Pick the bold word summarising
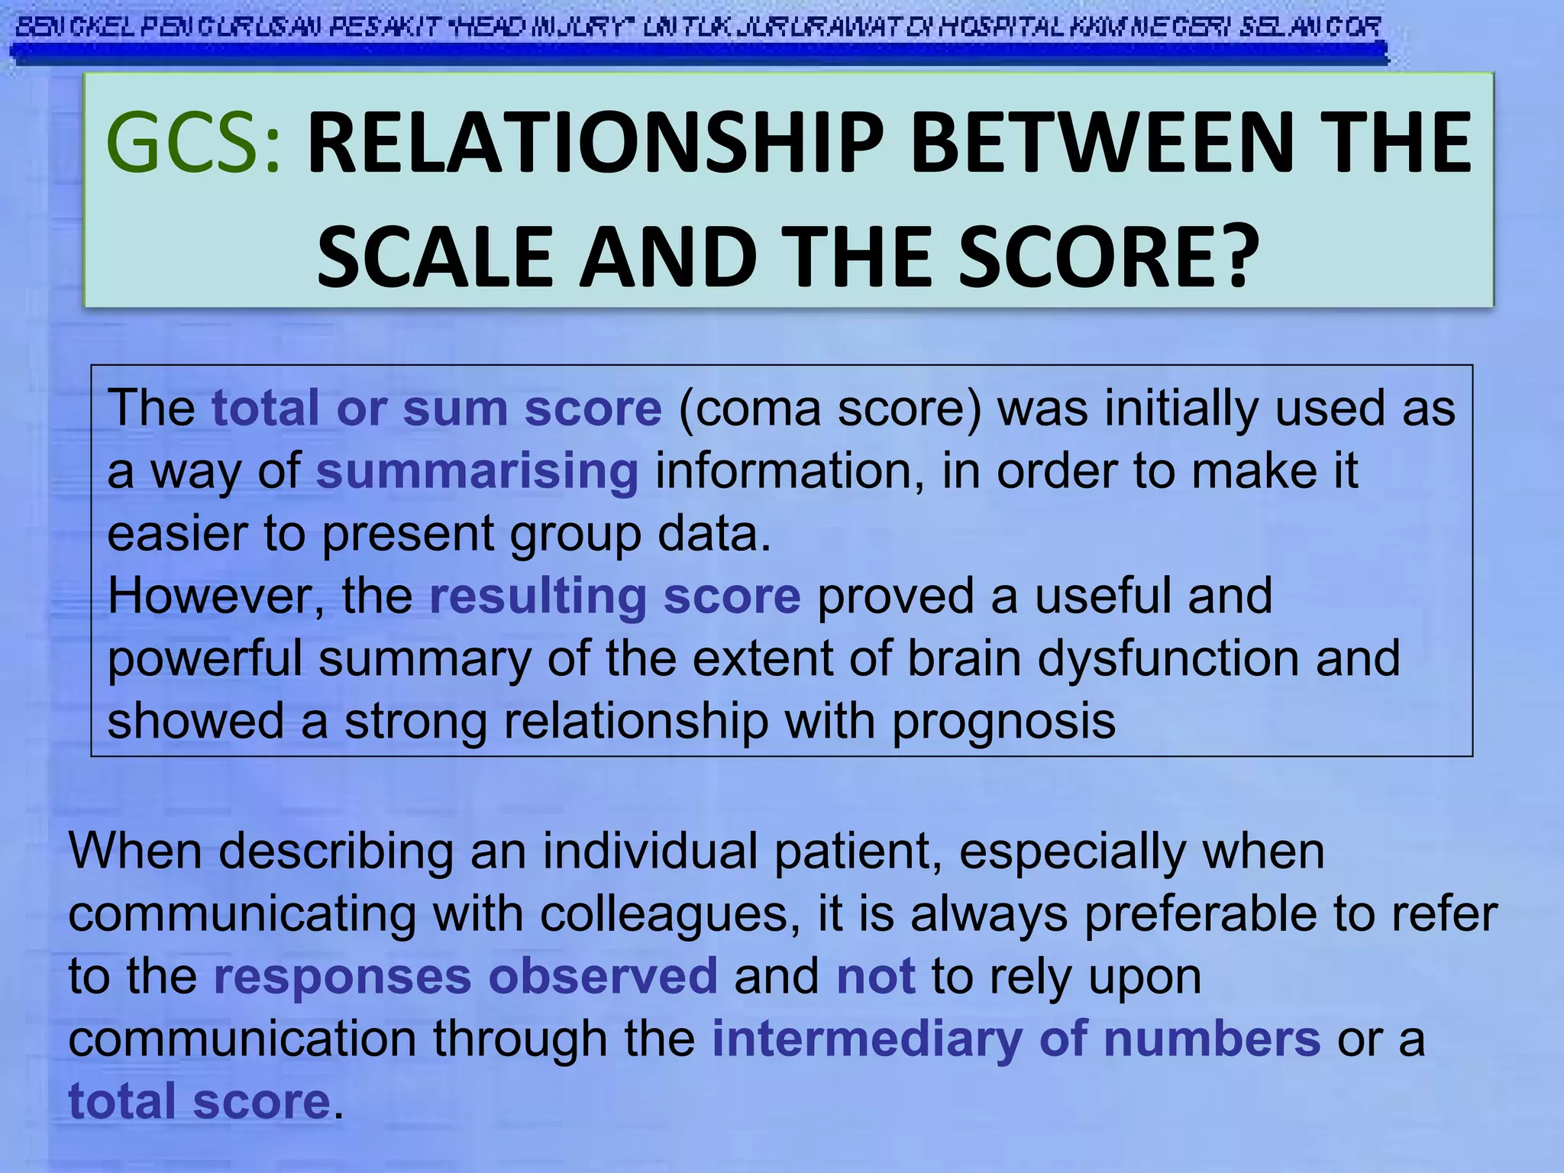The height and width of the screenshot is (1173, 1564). (477, 471)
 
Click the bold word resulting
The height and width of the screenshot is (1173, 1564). (538, 596)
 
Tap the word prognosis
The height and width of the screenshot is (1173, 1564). (1003, 721)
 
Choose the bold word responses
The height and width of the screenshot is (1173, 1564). (343, 976)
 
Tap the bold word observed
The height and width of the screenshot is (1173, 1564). (603, 976)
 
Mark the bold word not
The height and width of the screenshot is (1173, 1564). (875, 976)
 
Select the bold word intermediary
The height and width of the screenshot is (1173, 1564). (867, 1039)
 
